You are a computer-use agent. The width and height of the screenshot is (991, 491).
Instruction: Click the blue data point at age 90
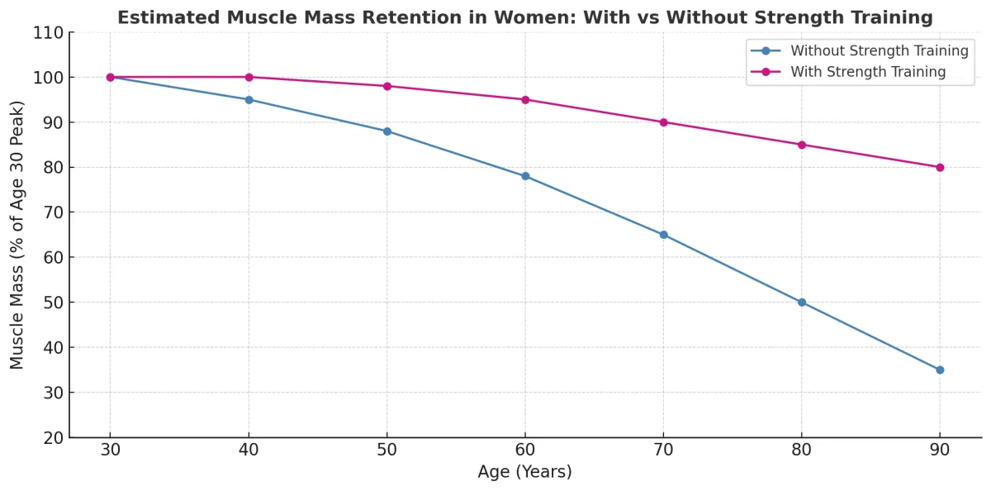click(940, 369)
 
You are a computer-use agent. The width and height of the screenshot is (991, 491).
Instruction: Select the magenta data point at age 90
click(940, 167)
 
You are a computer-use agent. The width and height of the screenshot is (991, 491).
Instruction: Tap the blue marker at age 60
click(525, 176)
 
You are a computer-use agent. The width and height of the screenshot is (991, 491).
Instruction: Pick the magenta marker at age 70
click(663, 122)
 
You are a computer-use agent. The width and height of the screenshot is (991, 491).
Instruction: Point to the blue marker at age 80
click(802, 303)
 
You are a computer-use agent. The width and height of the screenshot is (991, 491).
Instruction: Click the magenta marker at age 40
click(249, 77)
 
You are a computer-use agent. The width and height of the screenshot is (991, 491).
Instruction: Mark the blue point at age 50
click(386, 131)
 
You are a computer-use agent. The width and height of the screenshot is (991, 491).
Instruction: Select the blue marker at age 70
click(663, 235)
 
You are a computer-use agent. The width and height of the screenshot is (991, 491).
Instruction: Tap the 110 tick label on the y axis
click(48, 32)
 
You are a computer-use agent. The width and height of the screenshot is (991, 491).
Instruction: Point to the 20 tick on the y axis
click(52, 437)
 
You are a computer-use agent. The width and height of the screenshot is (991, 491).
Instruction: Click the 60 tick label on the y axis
click(52, 257)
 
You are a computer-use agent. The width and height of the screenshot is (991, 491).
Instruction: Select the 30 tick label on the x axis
click(110, 450)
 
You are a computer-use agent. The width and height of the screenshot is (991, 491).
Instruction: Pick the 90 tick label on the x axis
click(940, 450)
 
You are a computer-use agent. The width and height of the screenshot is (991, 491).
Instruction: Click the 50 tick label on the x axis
click(386, 450)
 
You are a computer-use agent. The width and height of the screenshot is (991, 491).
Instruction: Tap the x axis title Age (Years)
click(524, 472)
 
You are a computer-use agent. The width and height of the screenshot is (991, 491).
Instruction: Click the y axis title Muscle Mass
click(17, 235)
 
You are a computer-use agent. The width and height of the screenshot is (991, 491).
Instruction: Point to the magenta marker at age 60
click(525, 99)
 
